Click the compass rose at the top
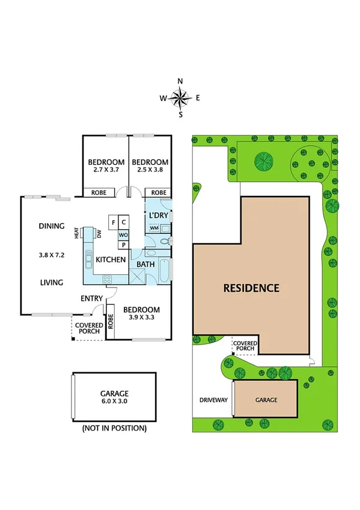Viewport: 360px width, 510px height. [180, 97]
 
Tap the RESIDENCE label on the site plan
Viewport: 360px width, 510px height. [251, 287]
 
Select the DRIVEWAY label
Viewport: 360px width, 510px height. [212, 399]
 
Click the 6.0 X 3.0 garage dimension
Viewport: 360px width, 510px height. [115, 401]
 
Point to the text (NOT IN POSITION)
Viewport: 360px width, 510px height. [114, 428]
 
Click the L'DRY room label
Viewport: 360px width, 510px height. [159, 215]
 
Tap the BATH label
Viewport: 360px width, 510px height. [145, 264]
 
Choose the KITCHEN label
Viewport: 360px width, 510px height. [111, 260]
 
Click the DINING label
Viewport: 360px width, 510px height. [52, 226]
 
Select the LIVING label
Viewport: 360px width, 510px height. [52, 282]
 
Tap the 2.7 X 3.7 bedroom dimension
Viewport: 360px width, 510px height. [106, 171]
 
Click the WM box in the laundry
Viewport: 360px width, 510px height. [154, 229]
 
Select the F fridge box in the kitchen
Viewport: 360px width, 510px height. [113, 223]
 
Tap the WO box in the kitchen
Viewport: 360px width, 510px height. [123, 235]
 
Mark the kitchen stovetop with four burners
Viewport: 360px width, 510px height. [107, 278]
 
